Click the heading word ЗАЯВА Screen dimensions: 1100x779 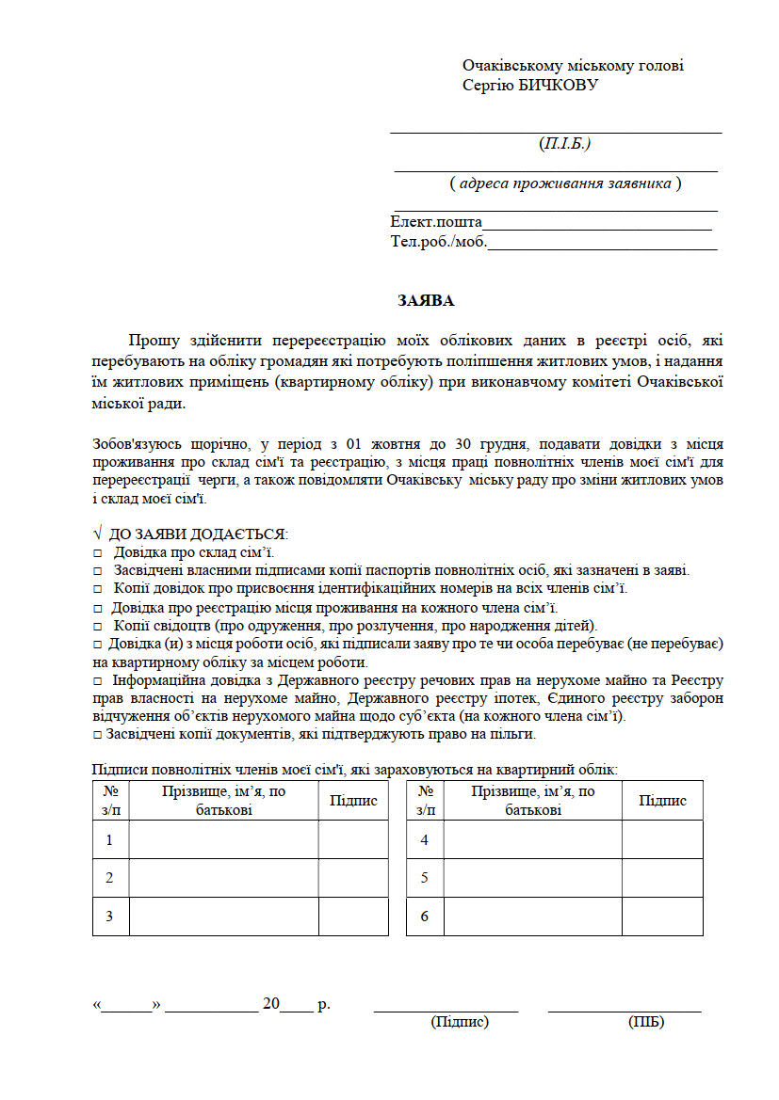426,301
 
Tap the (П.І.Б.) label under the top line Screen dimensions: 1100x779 564,144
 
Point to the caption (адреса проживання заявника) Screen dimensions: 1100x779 565,183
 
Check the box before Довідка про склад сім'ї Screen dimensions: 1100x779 97,553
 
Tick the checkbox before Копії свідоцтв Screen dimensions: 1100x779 97,627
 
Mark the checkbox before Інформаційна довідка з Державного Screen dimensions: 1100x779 97,680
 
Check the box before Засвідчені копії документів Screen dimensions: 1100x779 97,735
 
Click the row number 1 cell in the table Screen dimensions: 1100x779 110,839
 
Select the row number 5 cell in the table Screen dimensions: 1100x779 425,878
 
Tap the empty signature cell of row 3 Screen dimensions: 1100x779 353,917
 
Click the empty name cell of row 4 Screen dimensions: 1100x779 532,839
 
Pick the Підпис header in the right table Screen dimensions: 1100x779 662,801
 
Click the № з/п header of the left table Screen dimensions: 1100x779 110,801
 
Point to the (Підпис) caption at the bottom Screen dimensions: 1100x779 460,1022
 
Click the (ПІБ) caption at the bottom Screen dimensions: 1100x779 645,1022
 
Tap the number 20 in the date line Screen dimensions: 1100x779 271,1004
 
